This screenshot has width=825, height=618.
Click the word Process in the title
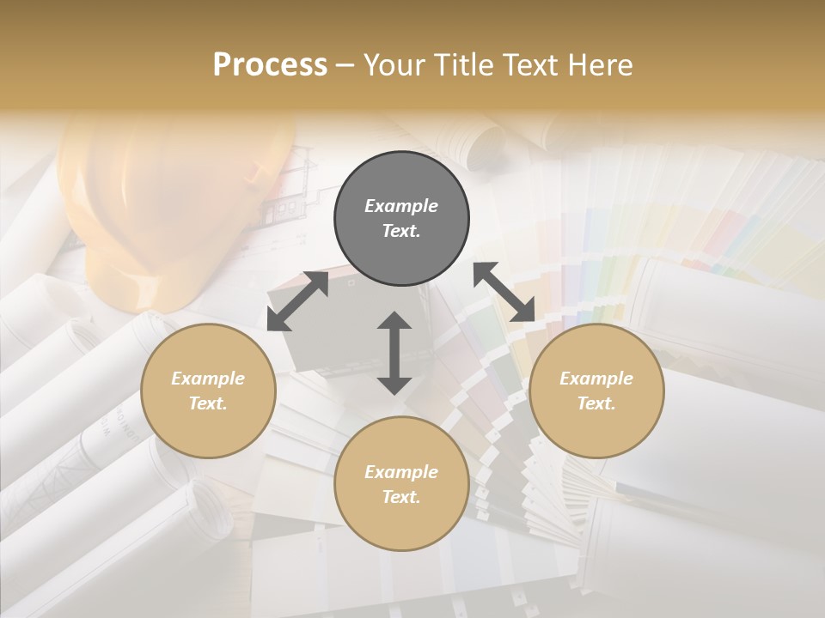270,64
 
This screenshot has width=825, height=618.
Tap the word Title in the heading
462,64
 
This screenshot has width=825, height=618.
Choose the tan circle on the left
208,391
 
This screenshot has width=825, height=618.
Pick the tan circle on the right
596,391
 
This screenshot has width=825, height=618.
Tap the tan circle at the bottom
401,484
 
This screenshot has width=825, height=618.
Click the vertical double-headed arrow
394,353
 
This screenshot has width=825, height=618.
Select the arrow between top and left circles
297,300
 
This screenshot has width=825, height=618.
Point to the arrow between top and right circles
504,292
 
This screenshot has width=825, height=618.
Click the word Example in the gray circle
401,206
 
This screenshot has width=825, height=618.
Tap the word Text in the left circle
208,403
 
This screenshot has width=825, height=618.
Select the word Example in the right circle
596,379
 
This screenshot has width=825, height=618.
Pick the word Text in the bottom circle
401,497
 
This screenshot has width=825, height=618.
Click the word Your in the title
391,64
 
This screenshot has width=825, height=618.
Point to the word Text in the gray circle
401,231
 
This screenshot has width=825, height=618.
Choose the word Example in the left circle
208,379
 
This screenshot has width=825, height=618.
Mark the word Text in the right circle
596,403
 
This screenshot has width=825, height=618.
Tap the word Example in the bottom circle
401,472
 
